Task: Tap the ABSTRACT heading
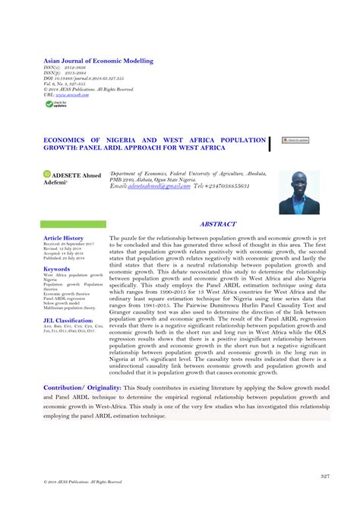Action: point(216,226)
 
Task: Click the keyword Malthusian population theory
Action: point(71,309)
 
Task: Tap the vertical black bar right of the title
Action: point(271,144)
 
